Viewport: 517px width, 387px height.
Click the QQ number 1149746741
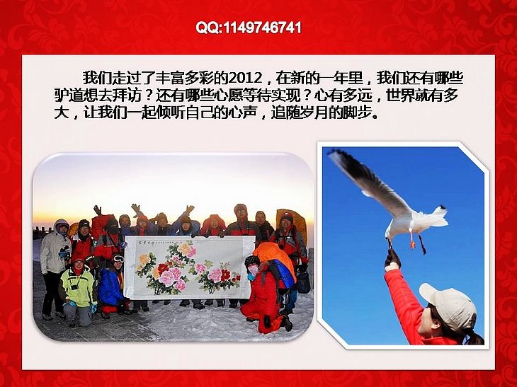click(263, 28)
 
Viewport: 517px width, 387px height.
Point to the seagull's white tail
click(439, 216)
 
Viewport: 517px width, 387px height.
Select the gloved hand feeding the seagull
click(392, 258)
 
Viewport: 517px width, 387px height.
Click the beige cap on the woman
click(449, 305)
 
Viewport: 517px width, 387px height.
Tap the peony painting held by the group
click(190, 267)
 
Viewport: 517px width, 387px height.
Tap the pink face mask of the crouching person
click(253, 271)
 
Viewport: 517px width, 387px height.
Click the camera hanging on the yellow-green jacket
click(75, 287)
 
